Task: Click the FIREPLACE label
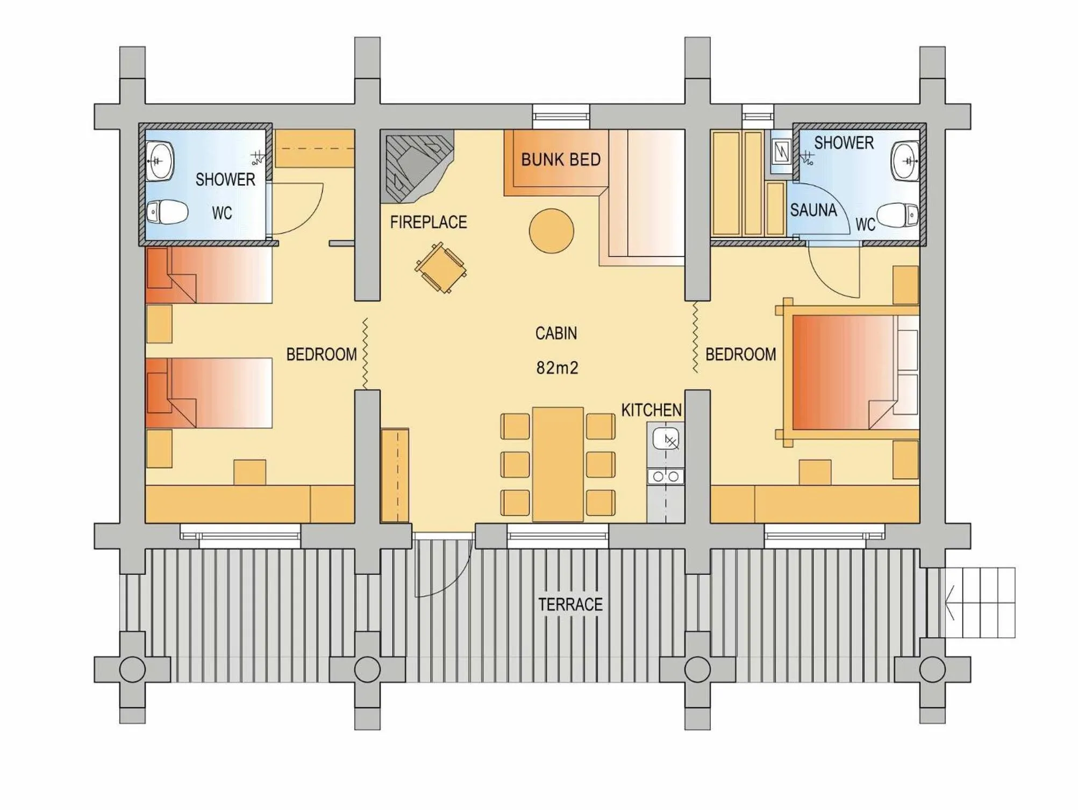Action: [428, 222]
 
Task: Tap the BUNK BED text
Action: [560, 160]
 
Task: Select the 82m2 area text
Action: [557, 368]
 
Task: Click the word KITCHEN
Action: [651, 410]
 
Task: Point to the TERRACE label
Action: [570, 604]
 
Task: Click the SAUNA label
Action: [813, 210]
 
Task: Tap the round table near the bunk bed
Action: [551, 231]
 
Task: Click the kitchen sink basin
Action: [666, 439]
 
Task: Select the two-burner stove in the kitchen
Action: [666, 476]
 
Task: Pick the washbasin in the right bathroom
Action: [905, 161]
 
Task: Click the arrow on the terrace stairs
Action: [950, 602]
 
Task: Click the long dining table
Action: [558, 464]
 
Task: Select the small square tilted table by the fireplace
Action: [440, 268]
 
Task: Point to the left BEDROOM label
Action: [321, 355]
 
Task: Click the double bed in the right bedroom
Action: [849, 372]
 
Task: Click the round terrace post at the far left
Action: [132, 670]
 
